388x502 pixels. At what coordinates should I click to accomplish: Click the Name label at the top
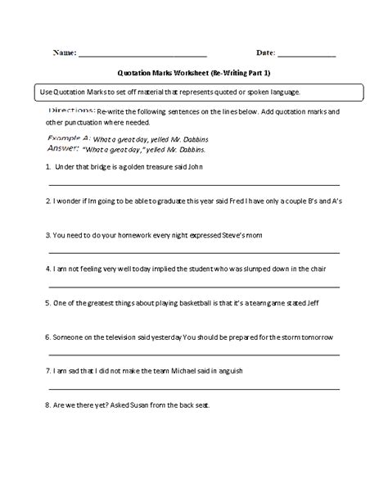pos(64,53)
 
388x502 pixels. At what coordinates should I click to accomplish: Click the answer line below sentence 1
pos(193,184)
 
